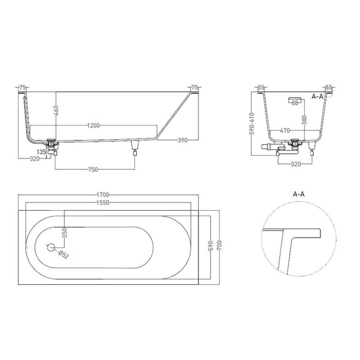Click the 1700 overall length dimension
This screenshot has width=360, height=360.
pos(103,195)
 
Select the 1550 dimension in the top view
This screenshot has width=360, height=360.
pos(103,202)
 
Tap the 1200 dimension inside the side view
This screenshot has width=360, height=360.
pos(94,125)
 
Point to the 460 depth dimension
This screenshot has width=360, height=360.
pos(56,110)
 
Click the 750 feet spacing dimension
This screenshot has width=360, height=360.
pos(93,169)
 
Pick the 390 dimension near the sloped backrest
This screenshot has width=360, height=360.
pos(183,140)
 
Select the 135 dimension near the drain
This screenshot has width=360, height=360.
pos(41,152)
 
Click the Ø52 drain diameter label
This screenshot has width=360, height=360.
pos(63,254)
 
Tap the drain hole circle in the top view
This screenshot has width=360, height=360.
pos(51,247)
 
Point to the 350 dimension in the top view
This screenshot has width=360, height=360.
pos(65,233)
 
